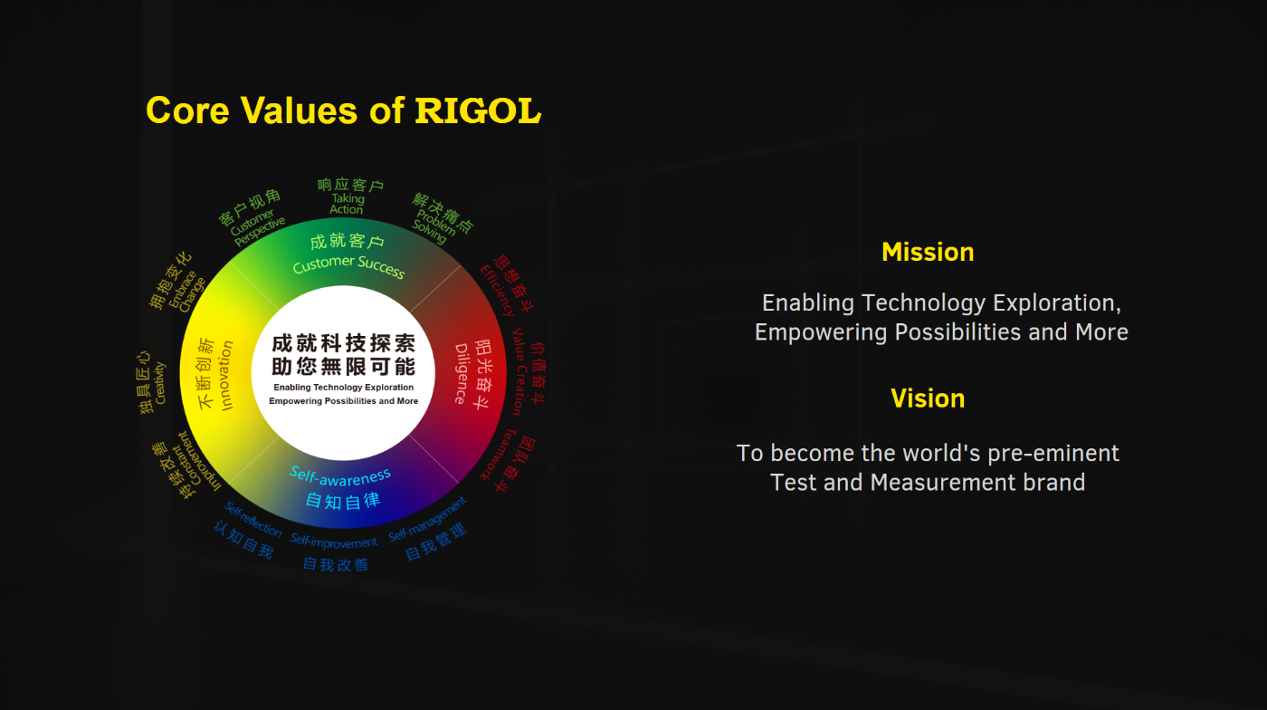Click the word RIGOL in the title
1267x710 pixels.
pyautogui.click(x=478, y=110)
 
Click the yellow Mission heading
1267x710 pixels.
pyautogui.click(x=928, y=252)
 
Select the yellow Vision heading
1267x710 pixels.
pyautogui.click(x=928, y=398)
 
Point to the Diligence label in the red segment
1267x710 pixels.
pyautogui.click(x=462, y=373)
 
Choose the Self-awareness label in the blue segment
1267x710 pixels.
pyautogui.click(x=340, y=475)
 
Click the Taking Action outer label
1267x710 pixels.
pyautogui.click(x=347, y=204)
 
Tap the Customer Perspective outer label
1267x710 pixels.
pyautogui.click(x=257, y=229)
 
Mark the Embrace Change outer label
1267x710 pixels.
pyautogui.click(x=187, y=293)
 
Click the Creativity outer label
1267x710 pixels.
pyautogui.click(x=159, y=383)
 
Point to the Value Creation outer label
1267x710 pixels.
pyautogui.click(x=519, y=371)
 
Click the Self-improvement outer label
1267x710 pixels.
pyautogui.click(x=334, y=542)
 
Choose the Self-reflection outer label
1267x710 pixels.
pyautogui.click(x=253, y=519)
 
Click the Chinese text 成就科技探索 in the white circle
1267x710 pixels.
pyautogui.click(x=344, y=344)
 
